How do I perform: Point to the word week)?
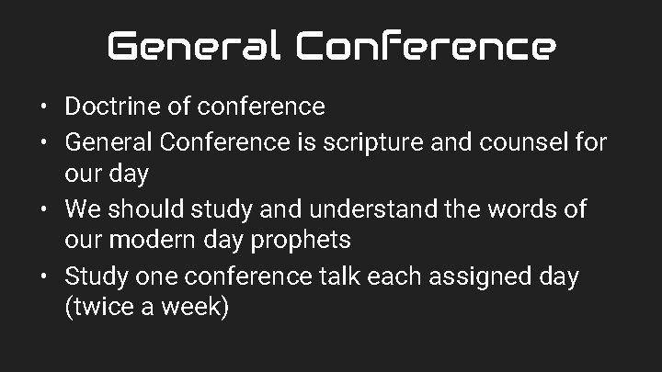tap(194, 308)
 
